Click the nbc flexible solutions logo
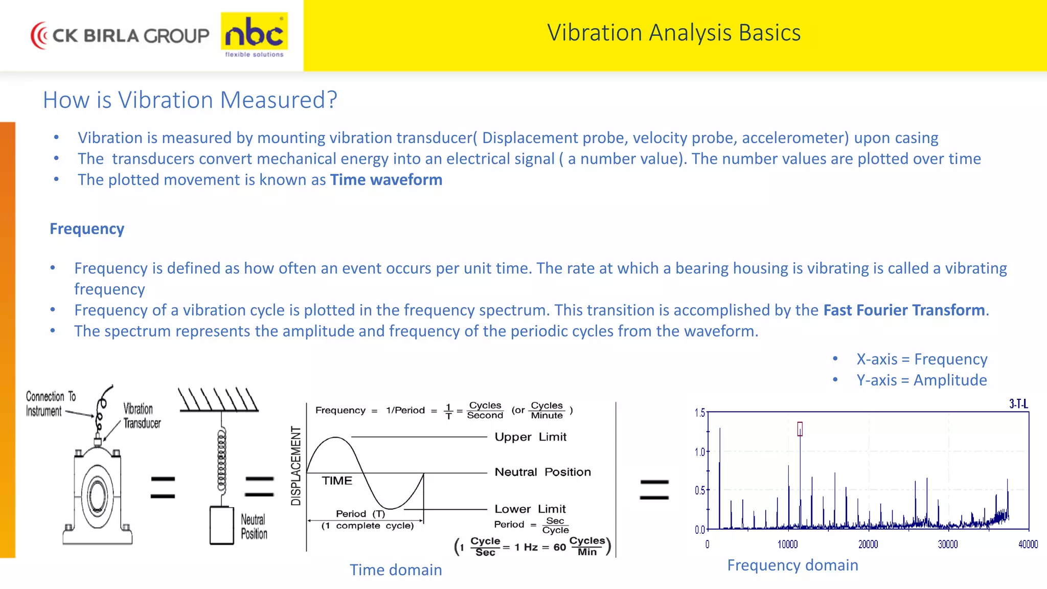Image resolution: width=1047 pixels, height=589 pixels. point(254,35)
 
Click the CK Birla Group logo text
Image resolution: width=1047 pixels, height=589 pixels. point(130,35)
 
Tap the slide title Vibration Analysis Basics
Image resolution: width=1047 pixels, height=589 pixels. point(673,33)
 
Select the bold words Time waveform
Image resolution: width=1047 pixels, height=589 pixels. point(386,180)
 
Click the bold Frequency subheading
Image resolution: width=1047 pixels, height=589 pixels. point(87,229)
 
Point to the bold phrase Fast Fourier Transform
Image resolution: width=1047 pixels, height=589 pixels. point(904,310)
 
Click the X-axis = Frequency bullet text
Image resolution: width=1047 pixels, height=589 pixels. point(922,359)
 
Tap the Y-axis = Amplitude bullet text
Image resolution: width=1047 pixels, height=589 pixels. point(922,380)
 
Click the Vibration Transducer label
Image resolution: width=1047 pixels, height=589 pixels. point(141,416)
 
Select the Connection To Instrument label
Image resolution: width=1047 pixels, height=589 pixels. point(50,403)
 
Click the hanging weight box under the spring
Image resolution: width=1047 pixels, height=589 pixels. point(222,525)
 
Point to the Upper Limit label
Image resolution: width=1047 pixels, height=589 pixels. point(530,437)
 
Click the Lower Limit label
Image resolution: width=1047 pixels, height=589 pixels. point(530,509)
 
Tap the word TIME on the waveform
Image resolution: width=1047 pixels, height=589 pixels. point(337,481)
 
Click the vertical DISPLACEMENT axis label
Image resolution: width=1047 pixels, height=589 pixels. point(296,466)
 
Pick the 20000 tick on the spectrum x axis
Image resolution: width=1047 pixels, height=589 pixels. point(868,545)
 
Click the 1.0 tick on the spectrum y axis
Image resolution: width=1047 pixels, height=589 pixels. point(699,452)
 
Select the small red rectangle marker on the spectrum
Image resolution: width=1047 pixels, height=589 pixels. point(800,429)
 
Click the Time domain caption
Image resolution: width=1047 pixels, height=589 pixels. point(396,570)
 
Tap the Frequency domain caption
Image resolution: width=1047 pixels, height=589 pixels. point(792,565)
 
